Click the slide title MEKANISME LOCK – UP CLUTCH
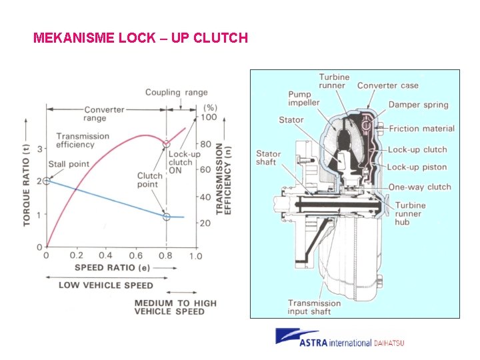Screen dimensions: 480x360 [140, 37]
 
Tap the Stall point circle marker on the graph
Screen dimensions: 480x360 [46, 181]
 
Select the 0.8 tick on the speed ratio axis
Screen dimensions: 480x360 [167, 255]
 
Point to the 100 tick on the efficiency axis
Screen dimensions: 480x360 [209, 117]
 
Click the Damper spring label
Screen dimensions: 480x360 [418, 105]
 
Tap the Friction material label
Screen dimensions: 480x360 [421, 129]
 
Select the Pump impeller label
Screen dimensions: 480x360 [304, 98]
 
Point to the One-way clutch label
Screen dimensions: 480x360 [419, 187]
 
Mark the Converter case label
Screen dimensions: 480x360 [387, 85]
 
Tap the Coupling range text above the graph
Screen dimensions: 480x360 [176, 93]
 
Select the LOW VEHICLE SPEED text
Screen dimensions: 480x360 [105, 285]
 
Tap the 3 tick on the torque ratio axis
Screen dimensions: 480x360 [39, 149]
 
